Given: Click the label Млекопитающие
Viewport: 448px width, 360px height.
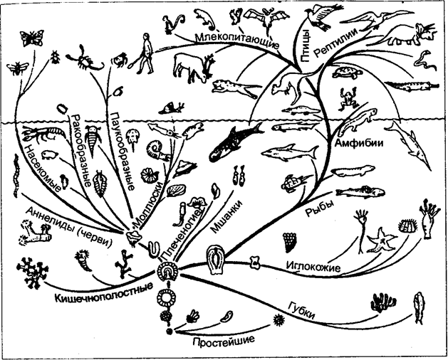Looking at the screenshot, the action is pos(237,41).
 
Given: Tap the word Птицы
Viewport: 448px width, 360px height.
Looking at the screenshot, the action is pos(306,46).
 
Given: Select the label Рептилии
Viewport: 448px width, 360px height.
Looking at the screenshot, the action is pos(337,43).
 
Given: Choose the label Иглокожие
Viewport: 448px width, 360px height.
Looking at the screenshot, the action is pos(313,266).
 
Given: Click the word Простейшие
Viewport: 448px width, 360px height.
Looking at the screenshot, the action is pos(224,340).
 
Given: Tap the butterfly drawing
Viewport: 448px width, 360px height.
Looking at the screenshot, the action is pos(32,38).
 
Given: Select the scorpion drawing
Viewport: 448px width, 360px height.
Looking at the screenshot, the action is pos(85,58).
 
